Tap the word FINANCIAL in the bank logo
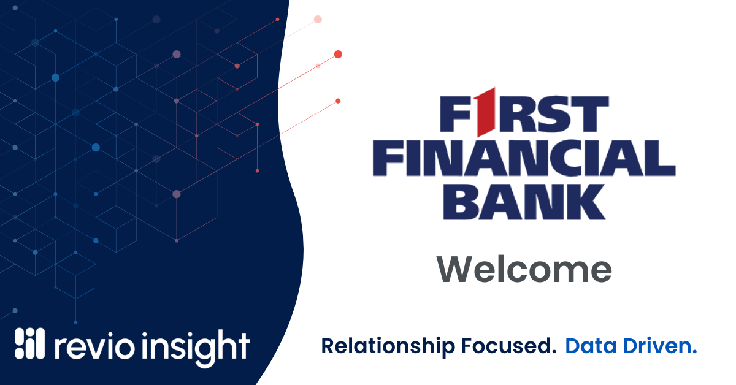[524, 158]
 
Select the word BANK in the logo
[524, 202]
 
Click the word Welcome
[524, 269]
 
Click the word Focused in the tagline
[508, 346]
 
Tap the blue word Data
[591, 346]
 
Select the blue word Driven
[657, 346]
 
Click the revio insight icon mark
[29, 343]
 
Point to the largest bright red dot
[338, 54]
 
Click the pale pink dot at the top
[318, 20]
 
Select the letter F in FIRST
[456, 114]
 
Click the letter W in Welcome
[455, 269]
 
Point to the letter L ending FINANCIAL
[662, 158]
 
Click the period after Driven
[694, 352]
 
